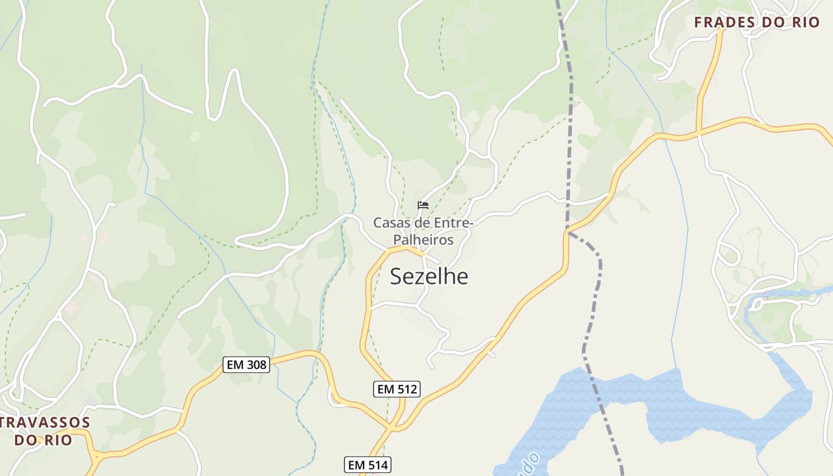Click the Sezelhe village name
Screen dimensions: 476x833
point(429,277)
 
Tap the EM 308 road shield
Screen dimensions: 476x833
point(247,365)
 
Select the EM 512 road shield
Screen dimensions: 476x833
point(397,389)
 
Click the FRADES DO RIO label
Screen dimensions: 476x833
point(757,23)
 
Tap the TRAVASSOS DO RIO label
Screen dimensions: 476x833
point(44,431)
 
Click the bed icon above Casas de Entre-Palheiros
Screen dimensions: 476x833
point(423,205)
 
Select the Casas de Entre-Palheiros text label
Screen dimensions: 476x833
point(423,231)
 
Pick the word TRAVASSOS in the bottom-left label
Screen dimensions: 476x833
point(45,423)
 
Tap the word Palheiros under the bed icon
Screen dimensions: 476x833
point(423,240)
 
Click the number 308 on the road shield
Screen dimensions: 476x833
point(256,365)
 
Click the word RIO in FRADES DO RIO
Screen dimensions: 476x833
point(806,23)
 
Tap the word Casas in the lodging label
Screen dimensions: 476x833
point(390,223)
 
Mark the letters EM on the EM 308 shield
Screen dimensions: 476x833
point(236,365)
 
